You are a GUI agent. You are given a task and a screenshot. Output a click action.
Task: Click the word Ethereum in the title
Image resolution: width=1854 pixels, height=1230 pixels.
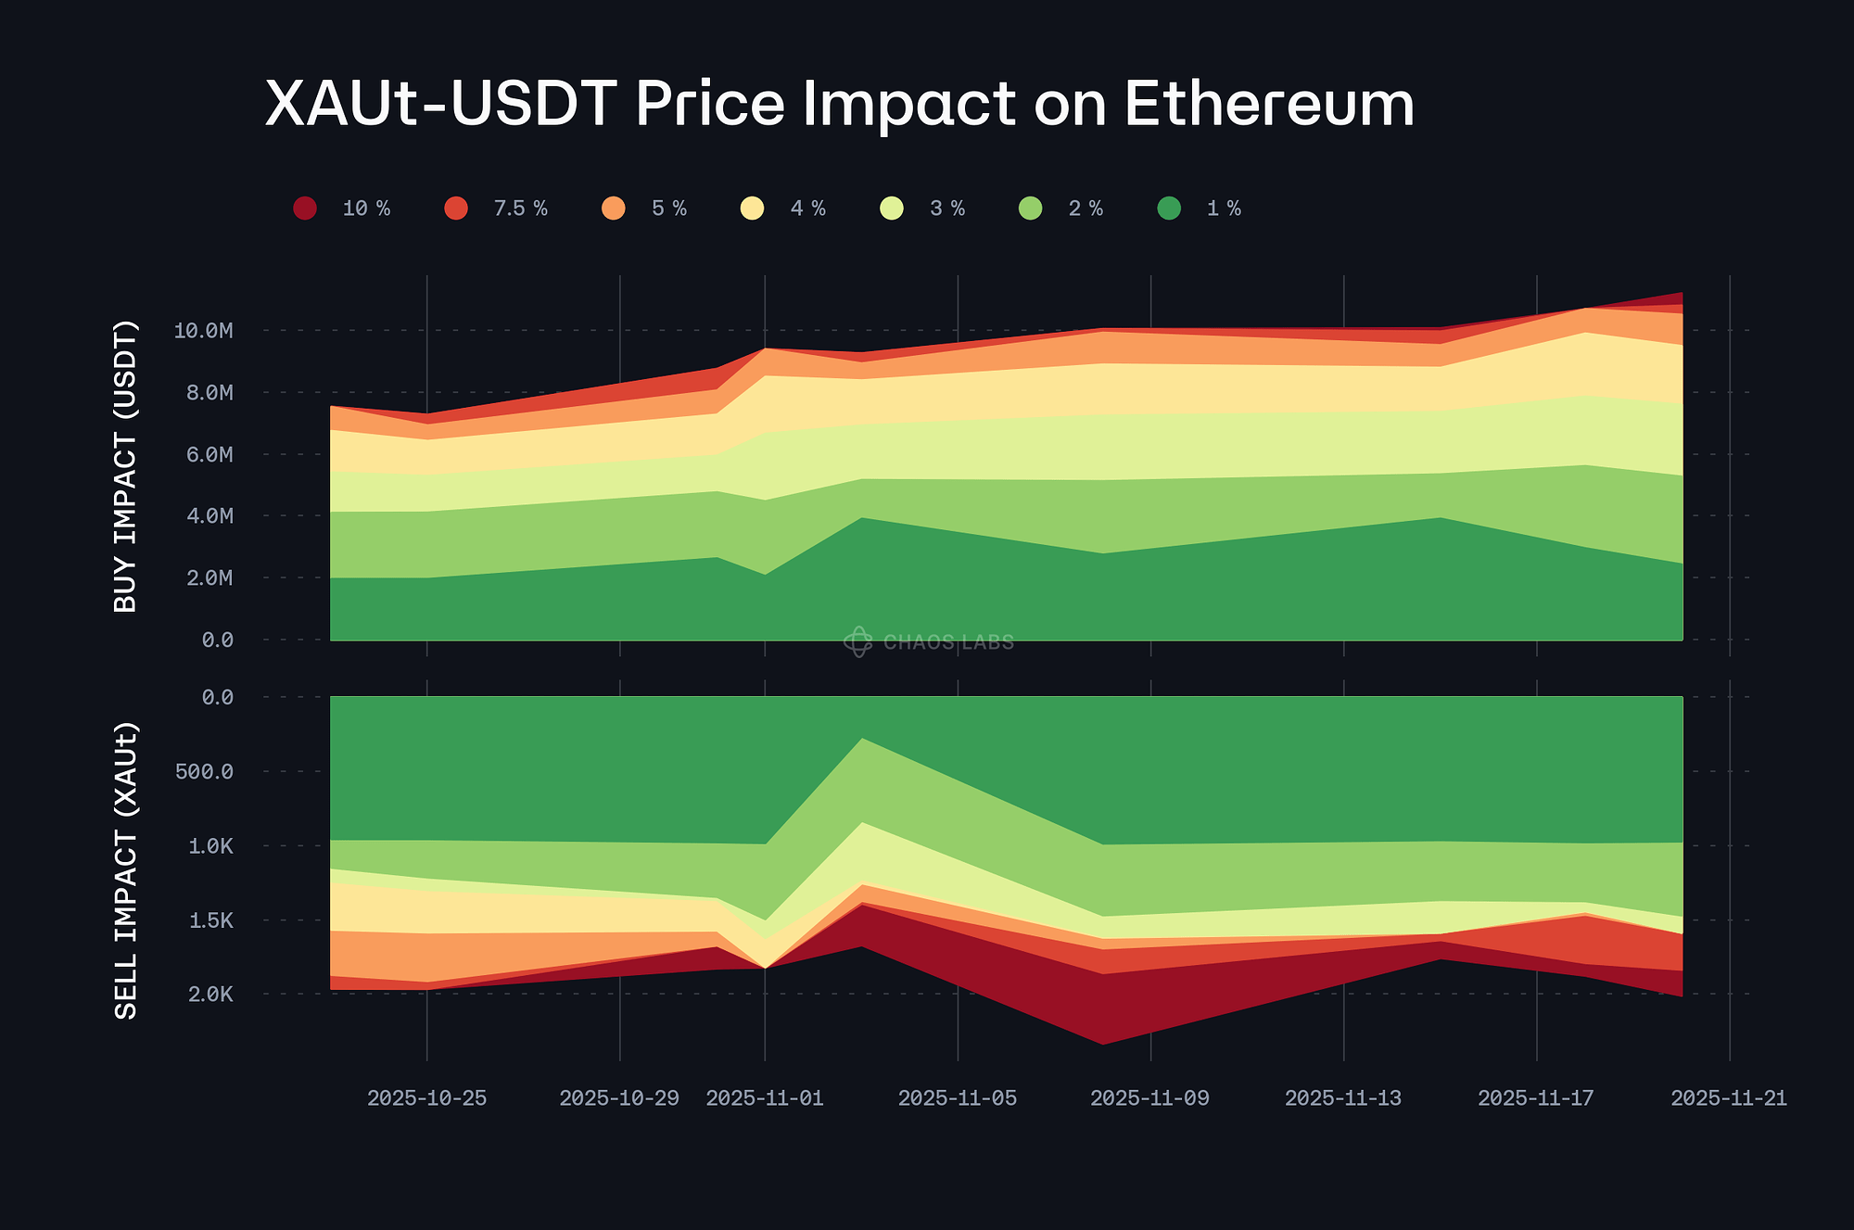[x=1269, y=104]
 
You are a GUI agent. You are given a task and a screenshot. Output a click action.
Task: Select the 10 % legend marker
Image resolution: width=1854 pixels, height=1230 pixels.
[x=305, y=209]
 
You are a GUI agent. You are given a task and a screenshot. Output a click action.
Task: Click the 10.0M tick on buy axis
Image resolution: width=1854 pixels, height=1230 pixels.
[x=203, y=331]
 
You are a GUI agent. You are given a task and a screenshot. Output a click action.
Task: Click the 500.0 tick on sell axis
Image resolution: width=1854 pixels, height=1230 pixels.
[x=204, y=771]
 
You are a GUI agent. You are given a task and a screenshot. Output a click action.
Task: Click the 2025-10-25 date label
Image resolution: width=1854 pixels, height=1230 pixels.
[x=426, y=1098]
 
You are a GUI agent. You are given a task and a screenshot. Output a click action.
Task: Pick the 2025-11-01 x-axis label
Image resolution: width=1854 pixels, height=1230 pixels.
[x=765, y=1098]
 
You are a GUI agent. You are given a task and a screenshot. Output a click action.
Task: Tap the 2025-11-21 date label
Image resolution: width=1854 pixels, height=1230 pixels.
[x=1728, y=1098]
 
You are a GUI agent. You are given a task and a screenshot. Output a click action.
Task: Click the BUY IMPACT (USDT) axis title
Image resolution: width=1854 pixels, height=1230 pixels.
[x=125, y=466]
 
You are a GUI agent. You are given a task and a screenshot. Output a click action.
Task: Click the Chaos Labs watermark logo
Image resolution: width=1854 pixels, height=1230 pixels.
[x=857, y=641]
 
